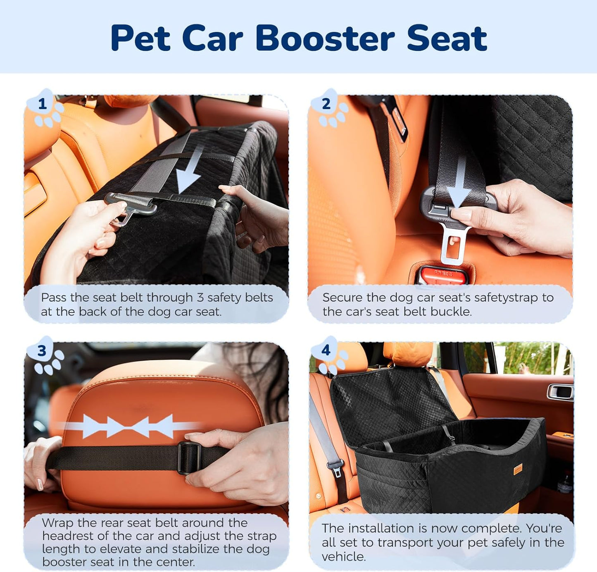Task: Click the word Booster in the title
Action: coord(325,38)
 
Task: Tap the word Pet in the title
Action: coord(140,38)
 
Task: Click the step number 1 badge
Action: coord(42,104)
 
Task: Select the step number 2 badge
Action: coord(326,104)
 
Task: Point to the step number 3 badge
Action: coord(42,351)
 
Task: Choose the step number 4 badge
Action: coord(326,350)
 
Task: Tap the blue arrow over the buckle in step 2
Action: coord(460,182)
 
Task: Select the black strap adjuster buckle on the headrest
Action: coord(189,458)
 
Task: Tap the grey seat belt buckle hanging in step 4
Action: coord(336,467)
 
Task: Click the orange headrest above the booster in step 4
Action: coord(408,353)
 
